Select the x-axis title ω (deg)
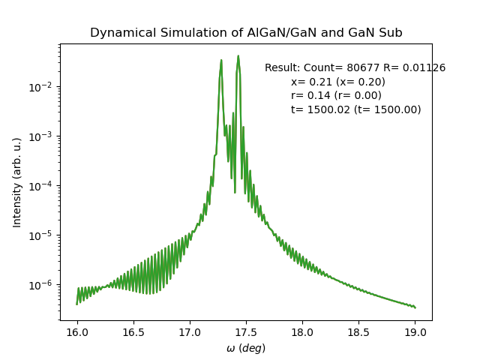point(246,348)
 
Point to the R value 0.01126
point(424,68)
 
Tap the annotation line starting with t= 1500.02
point(356,109)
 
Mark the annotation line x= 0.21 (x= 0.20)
point(338,82)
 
